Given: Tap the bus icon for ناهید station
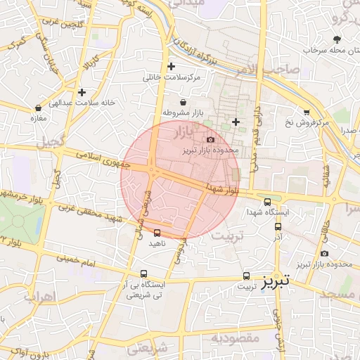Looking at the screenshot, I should (x=156, y=233).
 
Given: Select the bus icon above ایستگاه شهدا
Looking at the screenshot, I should (x=267, y=202).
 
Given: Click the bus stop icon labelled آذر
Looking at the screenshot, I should (x=278, y=226).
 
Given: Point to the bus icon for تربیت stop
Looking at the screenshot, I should (x=246, y=276).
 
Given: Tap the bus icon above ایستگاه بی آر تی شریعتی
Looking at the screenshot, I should (x=144, y=274).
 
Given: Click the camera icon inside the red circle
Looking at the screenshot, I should (x=210, y=140).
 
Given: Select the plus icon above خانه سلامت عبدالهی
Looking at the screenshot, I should (x=82, y=92).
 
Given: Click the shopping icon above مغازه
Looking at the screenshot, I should (x=38, y=108).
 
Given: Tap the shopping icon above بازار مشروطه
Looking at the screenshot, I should (x=183, y=103).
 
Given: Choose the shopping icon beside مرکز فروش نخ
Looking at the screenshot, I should (x=307, y=112).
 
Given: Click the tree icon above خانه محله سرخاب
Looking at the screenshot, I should (x=337, y=39).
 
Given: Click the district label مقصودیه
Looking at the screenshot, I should (x=234, y=338).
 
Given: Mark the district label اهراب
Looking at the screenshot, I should (x=40, y=295).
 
